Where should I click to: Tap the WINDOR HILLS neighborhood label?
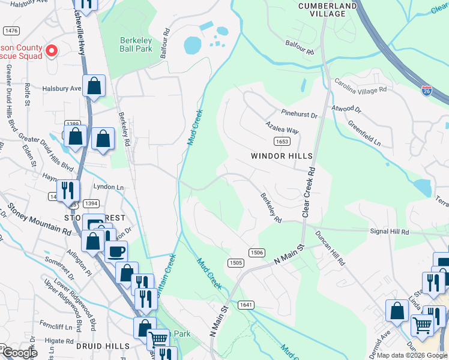pos(282,156)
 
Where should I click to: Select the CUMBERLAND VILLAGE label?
pos(327,10)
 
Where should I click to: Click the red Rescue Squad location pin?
pos(51,51)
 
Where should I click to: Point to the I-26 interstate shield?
pos(426,91)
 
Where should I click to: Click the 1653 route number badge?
pos(282,141)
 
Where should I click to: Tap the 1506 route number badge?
pos(256,253)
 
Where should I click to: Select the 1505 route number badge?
pos(235,262)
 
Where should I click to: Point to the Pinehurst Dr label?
pos(299,113)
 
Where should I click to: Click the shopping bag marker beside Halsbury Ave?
pos(94,86)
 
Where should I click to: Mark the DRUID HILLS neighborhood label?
pos(103,346)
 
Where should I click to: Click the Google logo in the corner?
pos(19,353)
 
